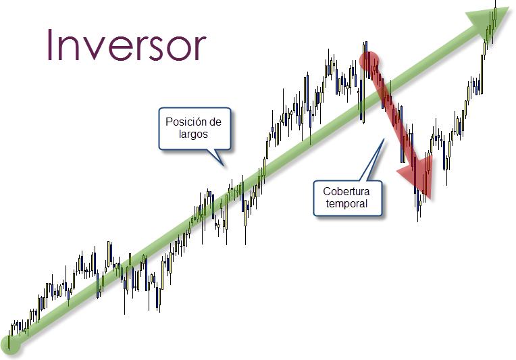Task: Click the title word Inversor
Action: pyautogui.click(x=126, y=45)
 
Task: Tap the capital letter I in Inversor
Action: pyautogui.click(x=51, y=45)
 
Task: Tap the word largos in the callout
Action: pyautogui.click(x=194, y=134)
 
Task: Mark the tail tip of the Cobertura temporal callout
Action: pyautogui.click(x=384, y=139)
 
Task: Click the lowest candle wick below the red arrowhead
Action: pyautogui.click(x=419, y=216)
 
